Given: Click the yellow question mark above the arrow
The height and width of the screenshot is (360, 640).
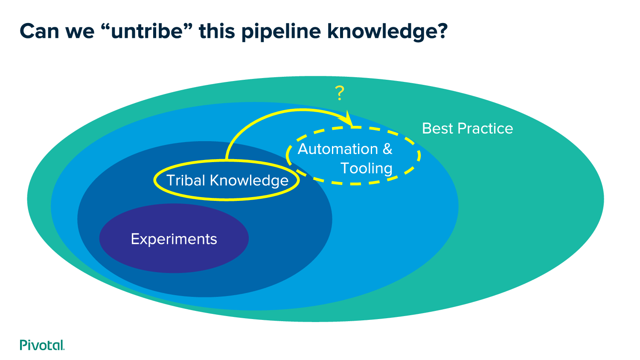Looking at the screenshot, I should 340,93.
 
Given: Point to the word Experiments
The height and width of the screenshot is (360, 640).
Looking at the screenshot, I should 174,239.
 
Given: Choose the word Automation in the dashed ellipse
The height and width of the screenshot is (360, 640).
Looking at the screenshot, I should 337,149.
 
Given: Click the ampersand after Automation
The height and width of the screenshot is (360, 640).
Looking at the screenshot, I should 387,149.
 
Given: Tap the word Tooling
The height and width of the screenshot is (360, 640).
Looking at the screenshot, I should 367,168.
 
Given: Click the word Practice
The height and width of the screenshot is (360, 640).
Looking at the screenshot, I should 485,128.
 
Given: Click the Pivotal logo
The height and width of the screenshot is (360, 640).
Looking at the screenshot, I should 42,345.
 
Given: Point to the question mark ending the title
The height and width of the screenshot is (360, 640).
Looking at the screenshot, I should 442,31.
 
